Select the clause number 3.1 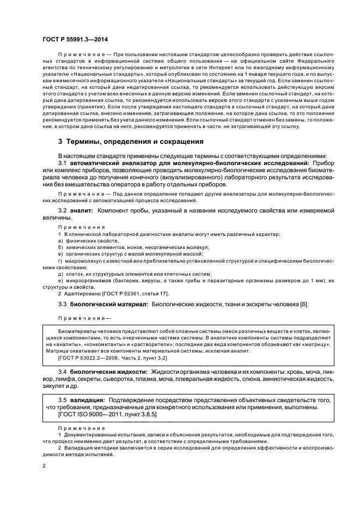click(62, 163)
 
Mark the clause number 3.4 click(62, 371)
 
